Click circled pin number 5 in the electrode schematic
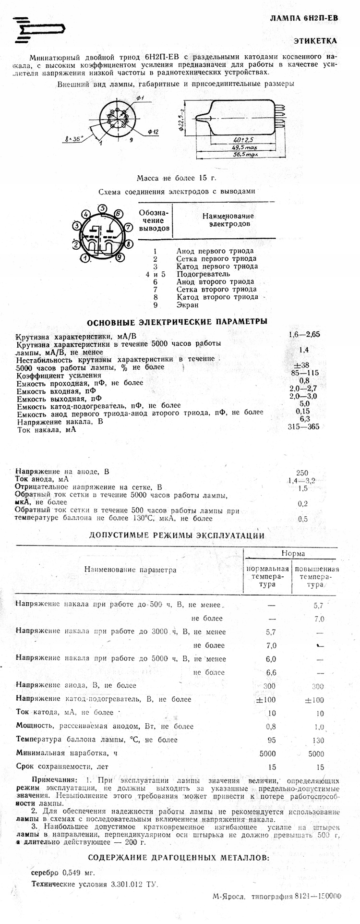[x=102, y=208]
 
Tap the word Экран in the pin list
[x=187, y=305]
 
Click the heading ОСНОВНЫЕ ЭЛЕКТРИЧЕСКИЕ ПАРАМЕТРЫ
[x=176, y=322]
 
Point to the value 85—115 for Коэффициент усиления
[x=304, y=373]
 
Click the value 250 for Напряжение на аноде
[x=302, y=472]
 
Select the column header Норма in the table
[x=292, y=554]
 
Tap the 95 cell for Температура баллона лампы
[x=271, y=740]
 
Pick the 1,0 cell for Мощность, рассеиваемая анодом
[x=319, y=727]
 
